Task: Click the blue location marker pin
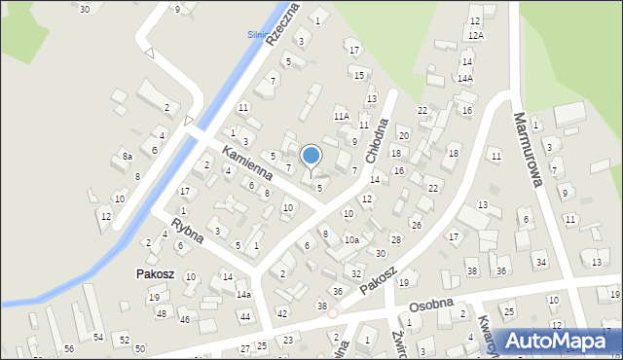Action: pyautogui.click(x=311, y=157)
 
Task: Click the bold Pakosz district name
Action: pyautogui.click(x=155, y=274)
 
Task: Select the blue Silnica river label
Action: pyautogui.click(x=258, y=34)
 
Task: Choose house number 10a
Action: pyautogui.click(x=350, y=239)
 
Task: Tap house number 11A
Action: pyautogui.click(x=341, y=116)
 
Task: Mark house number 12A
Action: pyautogui.click(x=475, y=35)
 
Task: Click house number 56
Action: pyautogui.click(x=68, y=348)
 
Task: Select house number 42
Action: pyautogui.click(x=281, y=313)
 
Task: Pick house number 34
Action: pyautogui.click(x=540, y=263)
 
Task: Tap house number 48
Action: pyautogui.click(x=161, y=313)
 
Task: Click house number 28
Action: pyautogui.click(x=395, y=239)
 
